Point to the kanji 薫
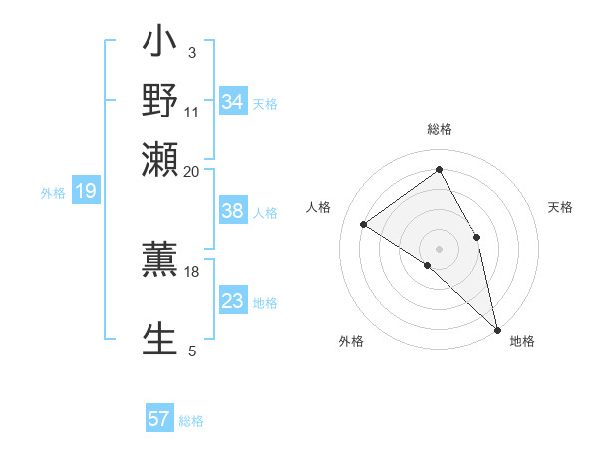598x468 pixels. pos(160,258)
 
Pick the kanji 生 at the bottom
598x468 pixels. pos(160,339)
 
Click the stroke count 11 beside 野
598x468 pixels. pos(192,111)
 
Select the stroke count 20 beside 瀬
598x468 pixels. pos(192,170)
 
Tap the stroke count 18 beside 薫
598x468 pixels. pos(192,271)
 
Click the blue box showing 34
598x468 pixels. pos(233,102)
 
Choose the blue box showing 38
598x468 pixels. pos(233,212)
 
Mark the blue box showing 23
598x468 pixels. pos(233,301)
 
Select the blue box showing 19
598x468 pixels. pos(85,192)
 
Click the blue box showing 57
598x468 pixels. pos(159,420)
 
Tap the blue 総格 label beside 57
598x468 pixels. pos(191,421)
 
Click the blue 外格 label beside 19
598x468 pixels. pos(53,193)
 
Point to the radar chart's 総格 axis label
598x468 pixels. pos(439,129)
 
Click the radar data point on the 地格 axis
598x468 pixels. pos(497,328)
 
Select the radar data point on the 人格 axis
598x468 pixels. pos(363,224)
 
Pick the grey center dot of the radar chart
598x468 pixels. pos(439,248)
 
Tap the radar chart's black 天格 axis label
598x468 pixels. pos(560,207)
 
